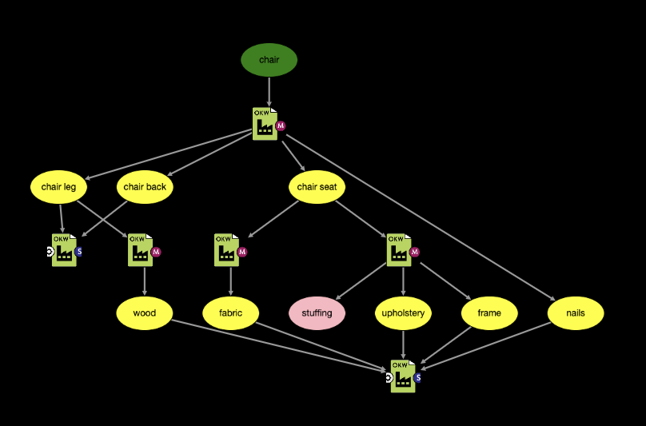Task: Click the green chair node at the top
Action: [269, 60]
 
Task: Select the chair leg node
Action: [58, 187]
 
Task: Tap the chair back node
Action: [145, 187]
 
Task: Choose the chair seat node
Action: [317, 187]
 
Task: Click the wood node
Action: [145, 313]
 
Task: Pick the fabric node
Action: [231, 313]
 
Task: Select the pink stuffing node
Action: [317, 313]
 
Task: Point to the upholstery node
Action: [403, 313]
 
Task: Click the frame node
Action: [489, 313]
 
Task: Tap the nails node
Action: [576, 313]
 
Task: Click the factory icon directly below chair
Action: [265, 124]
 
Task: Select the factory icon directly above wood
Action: [140, 250]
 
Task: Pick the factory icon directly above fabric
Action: [226, 250]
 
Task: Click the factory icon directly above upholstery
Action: [398, 250]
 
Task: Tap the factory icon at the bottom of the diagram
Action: [403, 376]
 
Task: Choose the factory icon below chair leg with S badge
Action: [64, 250]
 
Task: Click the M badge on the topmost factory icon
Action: [281, 126]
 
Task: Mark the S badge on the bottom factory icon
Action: [417, 378]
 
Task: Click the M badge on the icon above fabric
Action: [242, 252]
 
